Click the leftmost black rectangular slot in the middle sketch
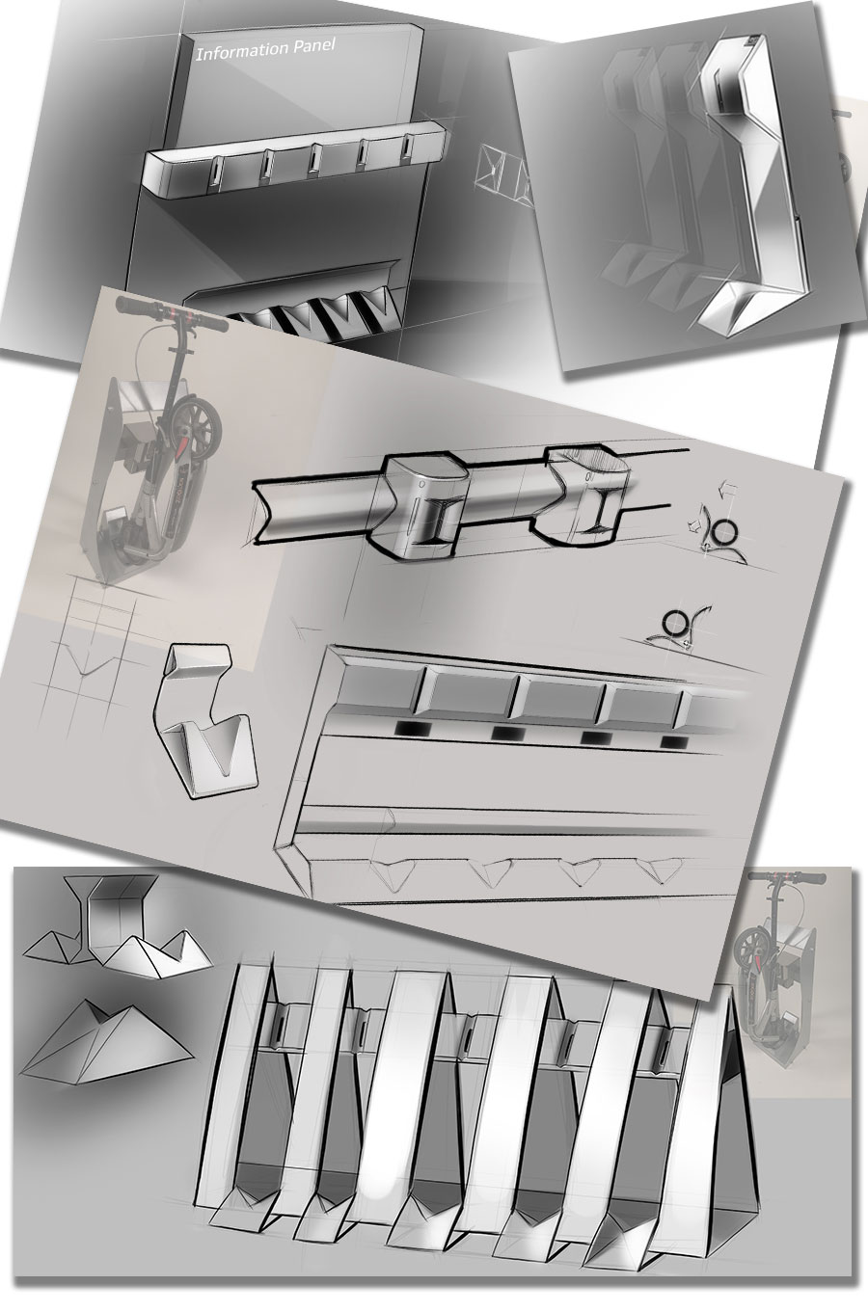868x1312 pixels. (x=413, y=729)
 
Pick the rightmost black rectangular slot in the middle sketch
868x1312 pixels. (x=673, y=742)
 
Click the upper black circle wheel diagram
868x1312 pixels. (x=725, y=531)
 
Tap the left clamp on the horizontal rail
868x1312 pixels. (x=420, y=505)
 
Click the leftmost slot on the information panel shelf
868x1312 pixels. (x=217, y=170)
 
